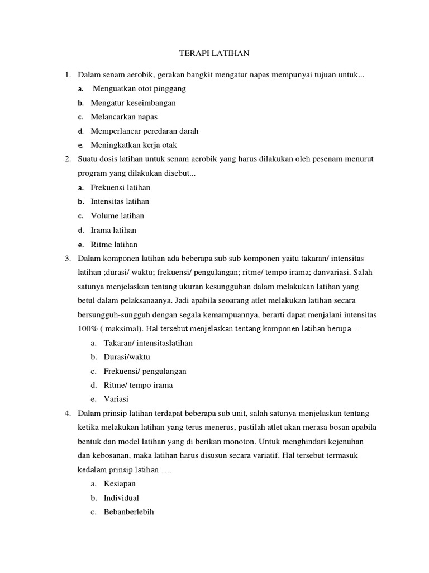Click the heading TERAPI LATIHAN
214,54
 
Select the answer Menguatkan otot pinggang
139,88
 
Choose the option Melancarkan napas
125,117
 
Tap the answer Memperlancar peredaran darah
145,131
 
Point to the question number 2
67,159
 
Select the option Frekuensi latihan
121,187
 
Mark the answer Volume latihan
118,215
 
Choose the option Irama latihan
115,230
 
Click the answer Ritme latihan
115,245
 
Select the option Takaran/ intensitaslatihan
148,343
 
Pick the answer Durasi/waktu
127,357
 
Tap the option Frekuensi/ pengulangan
145,371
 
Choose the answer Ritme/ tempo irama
139,385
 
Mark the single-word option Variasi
116,399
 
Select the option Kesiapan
120,483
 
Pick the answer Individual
121,497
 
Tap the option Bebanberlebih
129,512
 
